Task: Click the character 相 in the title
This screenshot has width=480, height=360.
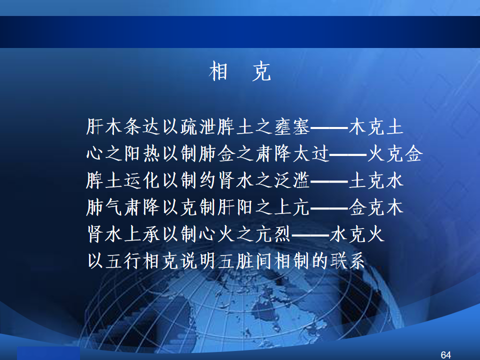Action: pos(218,71)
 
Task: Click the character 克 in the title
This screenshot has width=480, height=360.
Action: pos(261,71)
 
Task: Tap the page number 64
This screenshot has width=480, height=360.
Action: pos(445,355)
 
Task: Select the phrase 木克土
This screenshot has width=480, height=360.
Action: pos(376,126)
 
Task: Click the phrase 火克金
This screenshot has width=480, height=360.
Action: pos(395,153)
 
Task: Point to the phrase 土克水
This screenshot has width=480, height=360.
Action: pos(376,180)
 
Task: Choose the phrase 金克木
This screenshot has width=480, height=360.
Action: pos(376,207)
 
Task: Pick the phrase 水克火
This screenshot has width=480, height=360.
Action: pos(357,234)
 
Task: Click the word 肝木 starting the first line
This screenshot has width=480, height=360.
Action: pos(104,126)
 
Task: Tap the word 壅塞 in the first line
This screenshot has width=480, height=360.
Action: pos(292,126)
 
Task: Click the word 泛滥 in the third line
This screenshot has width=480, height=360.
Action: pos(292,180)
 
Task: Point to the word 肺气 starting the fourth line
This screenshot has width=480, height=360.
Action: pos(104,207)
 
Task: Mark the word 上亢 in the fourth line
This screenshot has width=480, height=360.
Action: pos(292,207)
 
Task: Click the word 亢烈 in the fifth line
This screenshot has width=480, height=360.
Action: pos(273,234)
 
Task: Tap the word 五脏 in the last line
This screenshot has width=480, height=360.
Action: pos(235,261)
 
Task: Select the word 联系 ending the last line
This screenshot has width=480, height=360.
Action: pos(348,261)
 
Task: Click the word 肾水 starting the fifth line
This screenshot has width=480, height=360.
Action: pos(104,234)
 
